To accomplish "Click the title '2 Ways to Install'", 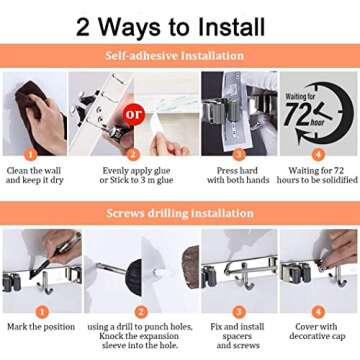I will point(180,23).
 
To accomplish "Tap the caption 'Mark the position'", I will point(40,325).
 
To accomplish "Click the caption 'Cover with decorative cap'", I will point(317,331).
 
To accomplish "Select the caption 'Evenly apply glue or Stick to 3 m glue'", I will point(135,174).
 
